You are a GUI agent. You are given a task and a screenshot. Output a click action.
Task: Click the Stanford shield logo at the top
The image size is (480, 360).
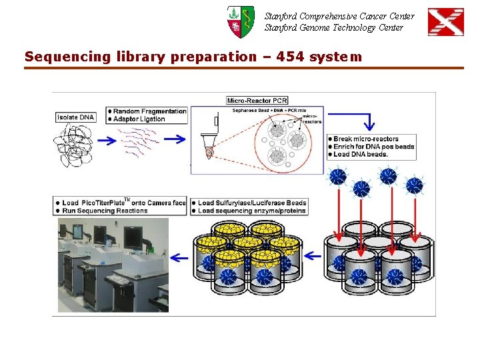(240, 21)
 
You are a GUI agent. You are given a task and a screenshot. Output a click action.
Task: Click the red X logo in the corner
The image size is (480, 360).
(445, 22)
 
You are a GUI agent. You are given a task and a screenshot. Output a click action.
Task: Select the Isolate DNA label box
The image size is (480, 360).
(77, 117)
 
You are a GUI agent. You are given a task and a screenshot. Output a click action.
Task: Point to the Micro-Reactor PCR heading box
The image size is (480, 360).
(257, 101)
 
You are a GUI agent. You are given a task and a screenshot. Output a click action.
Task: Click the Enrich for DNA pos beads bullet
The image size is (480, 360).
(373, 147)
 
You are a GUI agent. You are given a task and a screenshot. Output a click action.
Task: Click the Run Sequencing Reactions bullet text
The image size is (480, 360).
(105, 211)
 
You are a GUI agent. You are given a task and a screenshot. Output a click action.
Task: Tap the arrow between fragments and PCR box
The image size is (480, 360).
(175, 139)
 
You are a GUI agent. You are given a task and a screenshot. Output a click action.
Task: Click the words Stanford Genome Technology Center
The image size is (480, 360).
(333, 27)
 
